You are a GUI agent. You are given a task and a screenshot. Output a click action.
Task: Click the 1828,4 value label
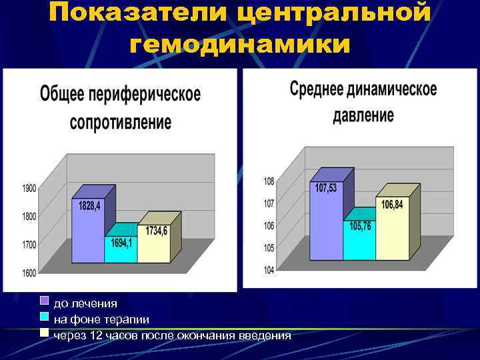[x=89, y=206]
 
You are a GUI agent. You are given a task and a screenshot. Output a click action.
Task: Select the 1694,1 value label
[x=121, y=243]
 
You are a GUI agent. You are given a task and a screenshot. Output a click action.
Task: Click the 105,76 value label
[x=361, y=226]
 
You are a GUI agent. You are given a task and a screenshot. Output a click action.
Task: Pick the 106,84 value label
[x=392, y=205]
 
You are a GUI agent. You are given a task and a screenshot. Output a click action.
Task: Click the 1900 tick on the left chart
[x=29, y=189]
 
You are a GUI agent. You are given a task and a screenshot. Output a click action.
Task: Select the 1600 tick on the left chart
[x=29, y=272]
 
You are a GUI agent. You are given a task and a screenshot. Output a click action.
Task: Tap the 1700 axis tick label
[x=29, y=245]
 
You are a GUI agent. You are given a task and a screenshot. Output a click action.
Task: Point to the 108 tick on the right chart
[x=269, y=181]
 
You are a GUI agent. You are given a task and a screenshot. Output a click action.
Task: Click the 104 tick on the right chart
[x=269, y=270]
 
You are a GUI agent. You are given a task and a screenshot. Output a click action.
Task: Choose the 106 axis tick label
[x=269, y=226]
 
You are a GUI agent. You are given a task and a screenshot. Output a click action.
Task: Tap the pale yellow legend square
[x=45, y=331]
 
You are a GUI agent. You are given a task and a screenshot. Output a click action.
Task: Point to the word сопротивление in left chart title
[x=121, y=123]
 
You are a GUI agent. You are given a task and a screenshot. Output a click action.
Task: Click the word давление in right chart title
[x=363, y=115]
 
